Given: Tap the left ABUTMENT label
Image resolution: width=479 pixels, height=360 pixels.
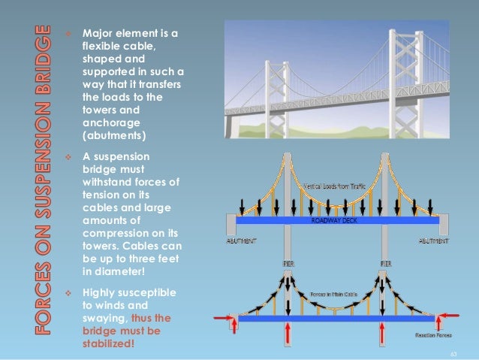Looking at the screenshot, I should pos(242,242).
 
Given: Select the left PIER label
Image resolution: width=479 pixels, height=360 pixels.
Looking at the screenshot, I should pos(289,265).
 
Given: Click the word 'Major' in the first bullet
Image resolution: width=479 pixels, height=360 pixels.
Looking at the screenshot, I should pos(95,34).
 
